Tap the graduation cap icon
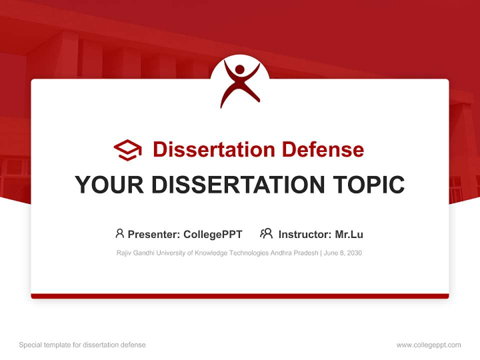pos(127,150)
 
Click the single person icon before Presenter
pos(119,233)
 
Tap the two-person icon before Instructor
pos(266,233)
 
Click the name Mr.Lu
pos(348,234)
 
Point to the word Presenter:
pos(154,234)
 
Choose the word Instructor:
pos(304,234)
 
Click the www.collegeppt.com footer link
pos(428,345)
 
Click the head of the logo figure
pos(239,69)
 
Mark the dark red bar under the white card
pos(240,296)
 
